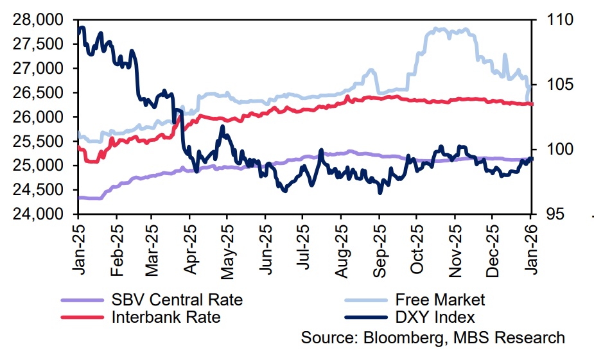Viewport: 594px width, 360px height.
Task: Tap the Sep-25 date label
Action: pos(379,250)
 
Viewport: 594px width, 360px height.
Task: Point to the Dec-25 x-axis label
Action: pos(493,250)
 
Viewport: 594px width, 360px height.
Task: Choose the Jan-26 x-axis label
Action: pos(530,250)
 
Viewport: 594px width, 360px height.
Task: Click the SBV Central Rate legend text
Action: pos(177,299)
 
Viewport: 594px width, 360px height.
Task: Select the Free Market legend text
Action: pos(440,299)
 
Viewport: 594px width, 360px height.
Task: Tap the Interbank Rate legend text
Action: pos(166,316)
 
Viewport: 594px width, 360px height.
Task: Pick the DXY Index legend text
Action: pos(435,316)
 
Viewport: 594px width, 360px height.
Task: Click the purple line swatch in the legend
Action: pos(82,300)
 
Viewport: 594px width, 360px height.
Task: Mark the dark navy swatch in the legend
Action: pos(365,317)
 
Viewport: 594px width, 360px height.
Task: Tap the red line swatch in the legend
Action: pos(82,317)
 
